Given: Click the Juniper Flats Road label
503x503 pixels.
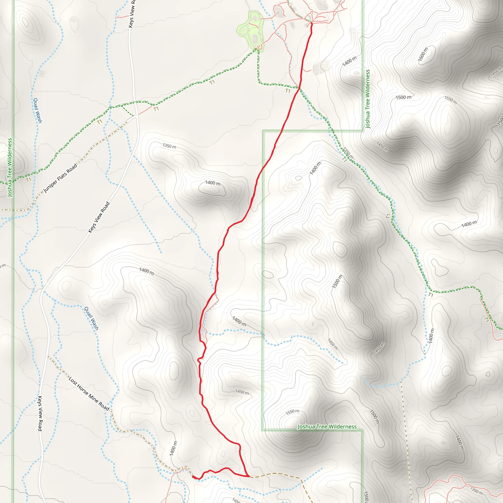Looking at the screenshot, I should point(60,178).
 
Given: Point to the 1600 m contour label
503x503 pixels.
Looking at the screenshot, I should point(423,55).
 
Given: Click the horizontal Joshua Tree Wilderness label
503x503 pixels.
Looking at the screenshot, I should point(327,426).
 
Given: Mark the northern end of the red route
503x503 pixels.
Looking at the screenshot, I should point(311,23).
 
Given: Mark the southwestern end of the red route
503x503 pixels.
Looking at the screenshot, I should point(193,477).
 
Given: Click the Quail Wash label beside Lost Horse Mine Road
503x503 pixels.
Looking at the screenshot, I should point(91,318).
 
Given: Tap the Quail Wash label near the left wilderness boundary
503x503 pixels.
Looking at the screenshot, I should point(38,110).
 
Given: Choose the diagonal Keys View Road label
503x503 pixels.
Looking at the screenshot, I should point(99,217).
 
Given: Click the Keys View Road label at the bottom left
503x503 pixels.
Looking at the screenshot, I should point(40,413).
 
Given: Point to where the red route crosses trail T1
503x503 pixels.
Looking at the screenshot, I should point(299,88).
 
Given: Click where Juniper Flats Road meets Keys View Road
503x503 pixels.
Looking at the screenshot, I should point(136,117).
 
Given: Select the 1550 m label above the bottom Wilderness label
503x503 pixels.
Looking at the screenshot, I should point(292,412).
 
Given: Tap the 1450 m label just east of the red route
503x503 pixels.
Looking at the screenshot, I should point(242,392).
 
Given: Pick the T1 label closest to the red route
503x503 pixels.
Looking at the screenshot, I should point(288,91).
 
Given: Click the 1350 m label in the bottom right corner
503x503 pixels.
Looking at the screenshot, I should point(476,490).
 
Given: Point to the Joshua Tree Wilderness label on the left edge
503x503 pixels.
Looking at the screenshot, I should point(10,168).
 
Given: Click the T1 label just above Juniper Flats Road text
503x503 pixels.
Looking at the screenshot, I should point(28,180).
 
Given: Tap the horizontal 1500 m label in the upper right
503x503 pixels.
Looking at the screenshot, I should point(404,97).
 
